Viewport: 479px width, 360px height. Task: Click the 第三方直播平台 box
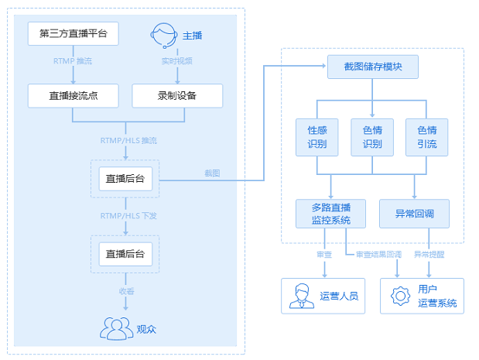[x=74, y=33]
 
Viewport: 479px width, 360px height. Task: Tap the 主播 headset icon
[x=164, y=36]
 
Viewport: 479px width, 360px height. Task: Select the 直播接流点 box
[x=74, y=96]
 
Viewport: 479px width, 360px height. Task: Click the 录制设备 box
[x=177, y=96]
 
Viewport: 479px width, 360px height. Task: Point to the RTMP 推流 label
[x=73, y=61]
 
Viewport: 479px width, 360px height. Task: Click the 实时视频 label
[x=177, y=61]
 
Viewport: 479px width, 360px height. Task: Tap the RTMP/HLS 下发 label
[x=128, y=216]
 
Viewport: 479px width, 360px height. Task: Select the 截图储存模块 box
[x=373, y=67]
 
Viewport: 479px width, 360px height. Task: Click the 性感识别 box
[x=316, y=137]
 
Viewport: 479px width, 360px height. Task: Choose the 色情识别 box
[x=372, y=137]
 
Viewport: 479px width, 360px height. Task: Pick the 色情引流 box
[x=426, y=137]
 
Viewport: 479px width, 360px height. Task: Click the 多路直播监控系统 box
[x=331, y=214]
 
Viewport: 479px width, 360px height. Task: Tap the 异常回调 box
[x=414, y=214]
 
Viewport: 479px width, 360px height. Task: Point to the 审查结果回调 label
[x=379, y=254]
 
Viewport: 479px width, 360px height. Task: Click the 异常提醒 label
[x=429, y=254]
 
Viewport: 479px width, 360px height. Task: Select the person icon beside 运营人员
[x=302, y=296]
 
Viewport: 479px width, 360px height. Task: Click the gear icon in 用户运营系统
[x=400, y=296]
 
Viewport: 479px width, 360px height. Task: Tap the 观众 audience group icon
[x=116, y=328]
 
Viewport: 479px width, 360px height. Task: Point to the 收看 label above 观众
[x=126, y=291]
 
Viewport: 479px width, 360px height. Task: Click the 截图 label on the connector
[x=212, y=173]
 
